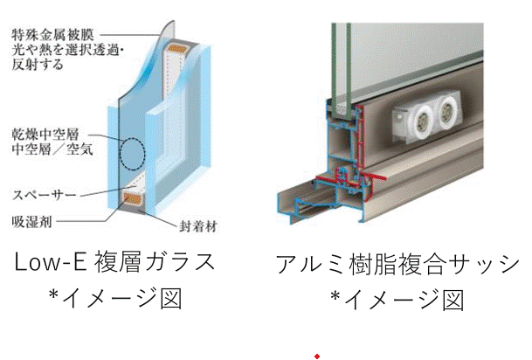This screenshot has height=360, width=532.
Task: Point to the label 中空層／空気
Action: point(52,149)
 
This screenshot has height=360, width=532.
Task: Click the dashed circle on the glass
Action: point(132,154)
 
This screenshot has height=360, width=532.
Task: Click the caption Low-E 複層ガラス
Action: point(117,261)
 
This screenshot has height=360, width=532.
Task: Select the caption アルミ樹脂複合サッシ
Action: point(397,263)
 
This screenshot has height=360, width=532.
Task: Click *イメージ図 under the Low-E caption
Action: point(115,300)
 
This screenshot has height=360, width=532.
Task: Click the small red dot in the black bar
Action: point(317,357)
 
